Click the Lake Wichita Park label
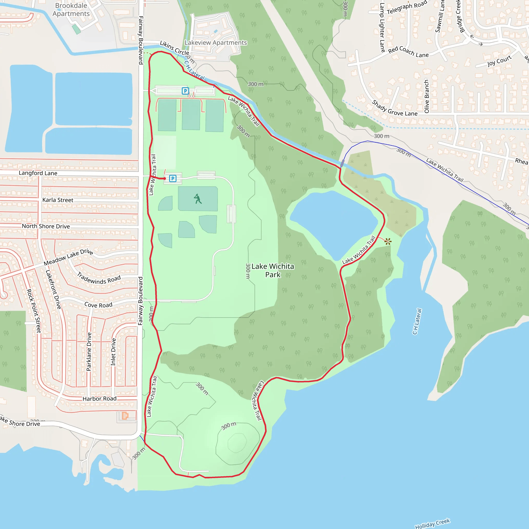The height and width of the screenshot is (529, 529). pyautogui.click(x=273, y=270)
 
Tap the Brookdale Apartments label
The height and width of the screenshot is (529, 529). pyautogui.click(x=71, y=10)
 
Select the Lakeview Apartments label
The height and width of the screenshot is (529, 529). pyautogui.click(x=216, y=43)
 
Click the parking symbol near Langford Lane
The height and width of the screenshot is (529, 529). pyautogui.click(x=173, y=178)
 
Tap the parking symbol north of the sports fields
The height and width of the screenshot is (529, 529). pyautogui.click(x=185, y=91)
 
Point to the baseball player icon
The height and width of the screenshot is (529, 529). pyautogui.click(x=198, y=199)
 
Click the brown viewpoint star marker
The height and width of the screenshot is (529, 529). pyautogui.click(x=388, y=242)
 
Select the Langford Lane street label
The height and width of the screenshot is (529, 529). pyautogui.click(x=38, y=173)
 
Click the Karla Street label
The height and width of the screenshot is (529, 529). pyautogui.click(x=58, y=200)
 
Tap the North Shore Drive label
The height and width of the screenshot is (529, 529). pyautogui.click(x=46, y=226)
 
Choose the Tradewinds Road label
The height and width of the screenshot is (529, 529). pyautogui.click(x=99, y=278)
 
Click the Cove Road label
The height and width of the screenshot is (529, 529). pyautogui.click(x=98, y=305)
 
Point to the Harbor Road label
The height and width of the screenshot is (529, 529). pyautogui.click(x=99, y=399)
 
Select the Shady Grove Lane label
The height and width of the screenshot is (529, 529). pyautogui.click(x=395, y=108)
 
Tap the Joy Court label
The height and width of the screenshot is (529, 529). pyautogui.click(x=500, y=61)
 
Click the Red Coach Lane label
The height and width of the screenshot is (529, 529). pyautogui.click(x=408, y=52)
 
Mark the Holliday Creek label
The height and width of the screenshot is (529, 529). pyautogui.click(x=433, y=523)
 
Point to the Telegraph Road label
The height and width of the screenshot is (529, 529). pyautogui.click(x=407, y=7)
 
